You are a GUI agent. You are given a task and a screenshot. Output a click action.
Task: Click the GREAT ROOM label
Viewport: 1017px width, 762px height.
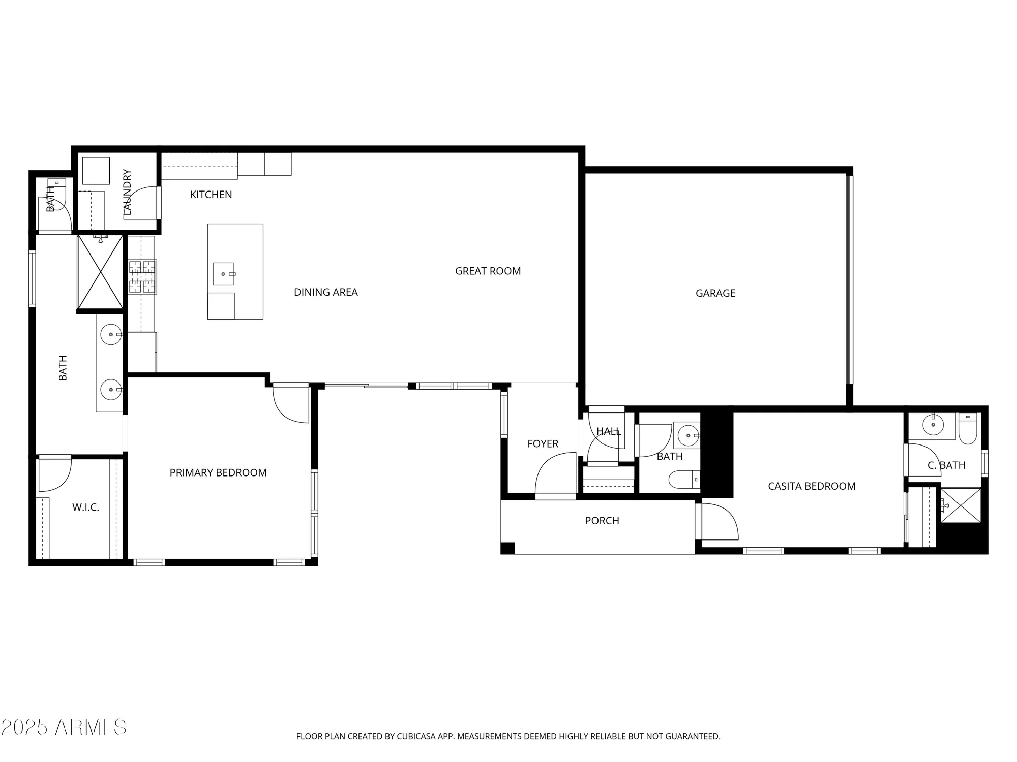coord(488,271)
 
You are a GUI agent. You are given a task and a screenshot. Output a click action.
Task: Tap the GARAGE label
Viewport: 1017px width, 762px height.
coord(715,293)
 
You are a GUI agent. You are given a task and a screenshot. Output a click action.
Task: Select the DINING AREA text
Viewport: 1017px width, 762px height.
coord(325,292)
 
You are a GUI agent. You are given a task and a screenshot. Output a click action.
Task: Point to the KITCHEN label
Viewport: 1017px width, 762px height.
coord(211,195)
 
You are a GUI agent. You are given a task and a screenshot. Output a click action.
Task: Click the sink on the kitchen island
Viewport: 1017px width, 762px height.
coord(223,274)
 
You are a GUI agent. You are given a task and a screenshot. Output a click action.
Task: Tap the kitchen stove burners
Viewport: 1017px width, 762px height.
coord(142,277)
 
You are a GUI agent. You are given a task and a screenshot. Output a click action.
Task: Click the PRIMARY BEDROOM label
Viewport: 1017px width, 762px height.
coord(218,473)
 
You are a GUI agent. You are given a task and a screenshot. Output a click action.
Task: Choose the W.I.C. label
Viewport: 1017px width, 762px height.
coord(85,507)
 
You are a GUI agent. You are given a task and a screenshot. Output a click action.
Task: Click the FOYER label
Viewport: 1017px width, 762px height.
coord(543,444)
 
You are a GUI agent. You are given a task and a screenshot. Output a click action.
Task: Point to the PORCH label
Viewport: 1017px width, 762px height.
coord(602,521)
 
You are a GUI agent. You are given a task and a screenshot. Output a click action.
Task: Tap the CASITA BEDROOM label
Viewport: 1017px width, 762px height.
coord(812,486)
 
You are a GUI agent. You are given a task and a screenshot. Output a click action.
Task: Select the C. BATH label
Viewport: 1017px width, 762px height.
coord(946,465)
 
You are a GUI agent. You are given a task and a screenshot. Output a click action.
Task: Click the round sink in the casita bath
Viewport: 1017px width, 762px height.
coord(933,425)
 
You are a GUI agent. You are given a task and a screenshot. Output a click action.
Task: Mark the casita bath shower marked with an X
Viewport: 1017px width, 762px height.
coord(960,505)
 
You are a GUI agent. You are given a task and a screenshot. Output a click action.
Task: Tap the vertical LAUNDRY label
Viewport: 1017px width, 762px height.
coord(127,192)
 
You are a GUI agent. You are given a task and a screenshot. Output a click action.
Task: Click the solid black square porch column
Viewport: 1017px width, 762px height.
coord(507,548)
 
